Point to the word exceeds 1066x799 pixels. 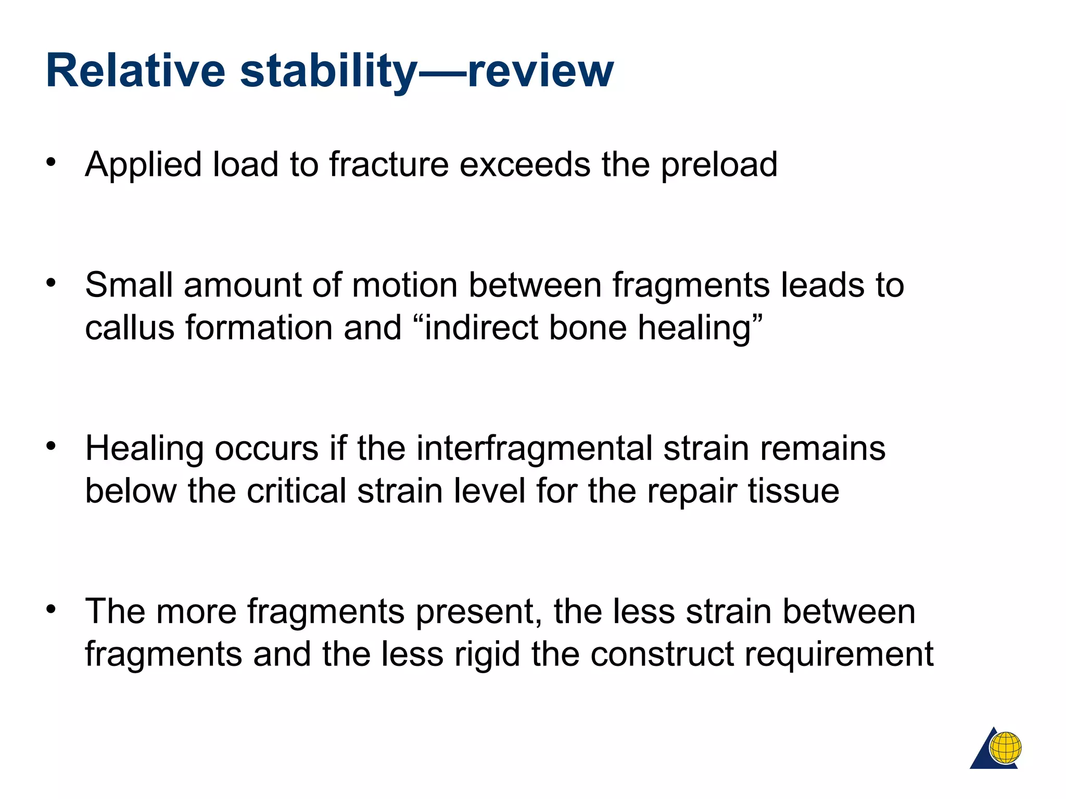(x=525, y=164)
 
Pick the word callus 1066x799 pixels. (x=130, y=328)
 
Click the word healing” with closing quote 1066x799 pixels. (x=700, y=329)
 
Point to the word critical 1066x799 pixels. (x=296, y=491)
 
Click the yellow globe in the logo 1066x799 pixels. (x=1006, y=748)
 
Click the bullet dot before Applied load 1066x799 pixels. (x=50, y=162)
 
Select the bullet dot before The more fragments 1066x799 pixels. (x=50, y=609)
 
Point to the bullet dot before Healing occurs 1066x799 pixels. (x=50, y=446)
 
